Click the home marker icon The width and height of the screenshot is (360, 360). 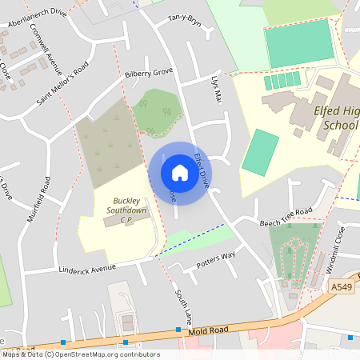tap(179, 172)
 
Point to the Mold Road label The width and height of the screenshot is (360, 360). tap(210, 330)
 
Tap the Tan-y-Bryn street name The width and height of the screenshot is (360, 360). tap(182, 21)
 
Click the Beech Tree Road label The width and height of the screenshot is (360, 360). tap(286, 216)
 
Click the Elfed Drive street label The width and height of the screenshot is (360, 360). tap(200, 168)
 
